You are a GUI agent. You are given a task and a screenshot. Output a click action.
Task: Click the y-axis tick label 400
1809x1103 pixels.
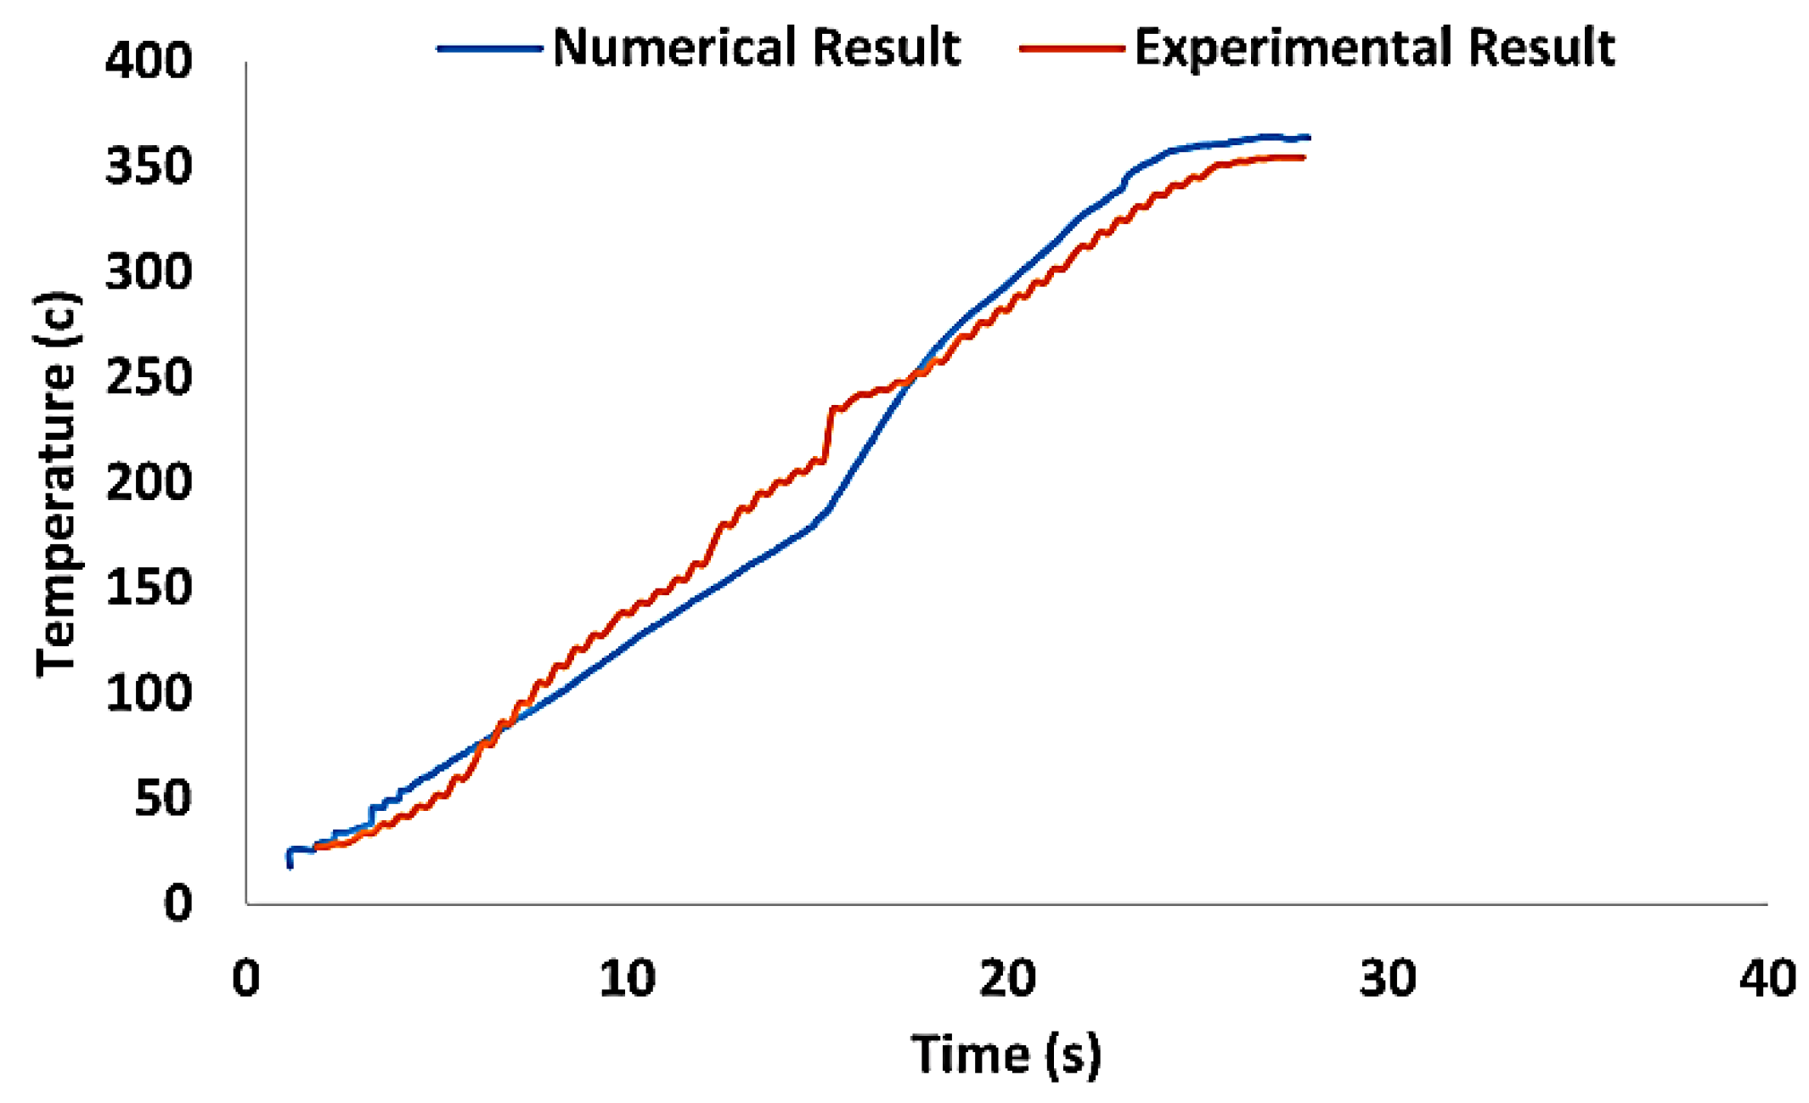[x=149, y=62]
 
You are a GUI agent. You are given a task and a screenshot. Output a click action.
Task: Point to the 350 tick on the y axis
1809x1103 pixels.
[x=149, y=167]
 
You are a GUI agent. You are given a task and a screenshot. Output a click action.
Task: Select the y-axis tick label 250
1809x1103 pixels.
[x=149, y=378]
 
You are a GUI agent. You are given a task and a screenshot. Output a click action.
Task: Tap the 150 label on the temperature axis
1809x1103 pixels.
[x=149, y=588]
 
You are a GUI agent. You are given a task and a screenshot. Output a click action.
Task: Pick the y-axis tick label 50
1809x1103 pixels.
[x=162, y=799]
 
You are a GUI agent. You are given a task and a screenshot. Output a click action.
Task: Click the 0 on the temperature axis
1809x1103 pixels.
[x=178, y=903]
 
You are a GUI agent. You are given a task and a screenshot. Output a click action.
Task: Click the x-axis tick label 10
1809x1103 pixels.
[x=627, y=978]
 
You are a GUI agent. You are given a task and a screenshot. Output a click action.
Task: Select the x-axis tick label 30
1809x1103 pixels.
[x=1387, y=978]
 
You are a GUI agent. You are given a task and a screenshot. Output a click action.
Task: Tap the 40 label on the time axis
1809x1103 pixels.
[x=1767, y=978]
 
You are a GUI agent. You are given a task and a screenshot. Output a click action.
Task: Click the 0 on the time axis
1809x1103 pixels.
[x=245, y=978]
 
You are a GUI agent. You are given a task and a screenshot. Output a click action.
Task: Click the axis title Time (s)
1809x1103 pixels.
[x=1006, y=1055]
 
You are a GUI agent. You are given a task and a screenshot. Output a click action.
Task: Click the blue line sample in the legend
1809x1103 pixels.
[x=490, y=48]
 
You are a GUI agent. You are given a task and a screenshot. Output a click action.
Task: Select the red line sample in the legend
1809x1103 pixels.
[x=1072, y=48]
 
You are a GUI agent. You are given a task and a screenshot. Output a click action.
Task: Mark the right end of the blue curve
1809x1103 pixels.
[x=1309, y=137]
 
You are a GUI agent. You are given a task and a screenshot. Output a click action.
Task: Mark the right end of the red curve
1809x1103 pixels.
[x=1303, y=158]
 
